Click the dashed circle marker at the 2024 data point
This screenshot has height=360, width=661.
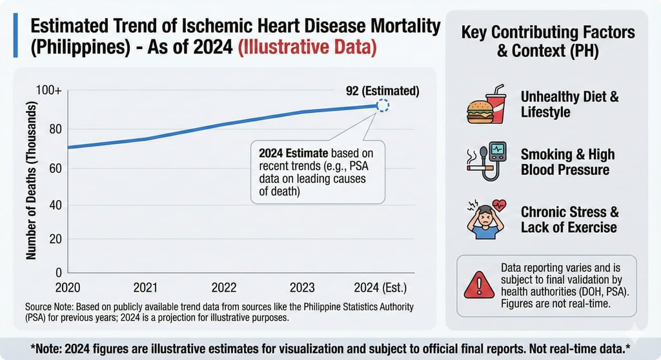pyautogui.click(x=382, y=106)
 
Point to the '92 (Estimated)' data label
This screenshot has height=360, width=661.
pyautogui.click(x=382, y=91)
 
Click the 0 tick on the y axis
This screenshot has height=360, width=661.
pyautogui.click(x=58, y=272)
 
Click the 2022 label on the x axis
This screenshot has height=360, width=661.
pyautogui.click(x=223, y=287)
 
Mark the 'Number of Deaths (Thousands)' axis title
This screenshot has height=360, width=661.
pyautogui.click(x=30, y=181)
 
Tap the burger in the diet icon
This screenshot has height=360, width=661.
pyautogui.click(x=480, y=112)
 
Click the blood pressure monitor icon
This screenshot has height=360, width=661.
pyautogui.click(x=495, y=157)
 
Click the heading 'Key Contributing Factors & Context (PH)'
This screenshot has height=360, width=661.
pyautogui.click(x=547, y=41)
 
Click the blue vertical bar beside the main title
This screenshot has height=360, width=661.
pyautogui.click(x=15, y=38)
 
